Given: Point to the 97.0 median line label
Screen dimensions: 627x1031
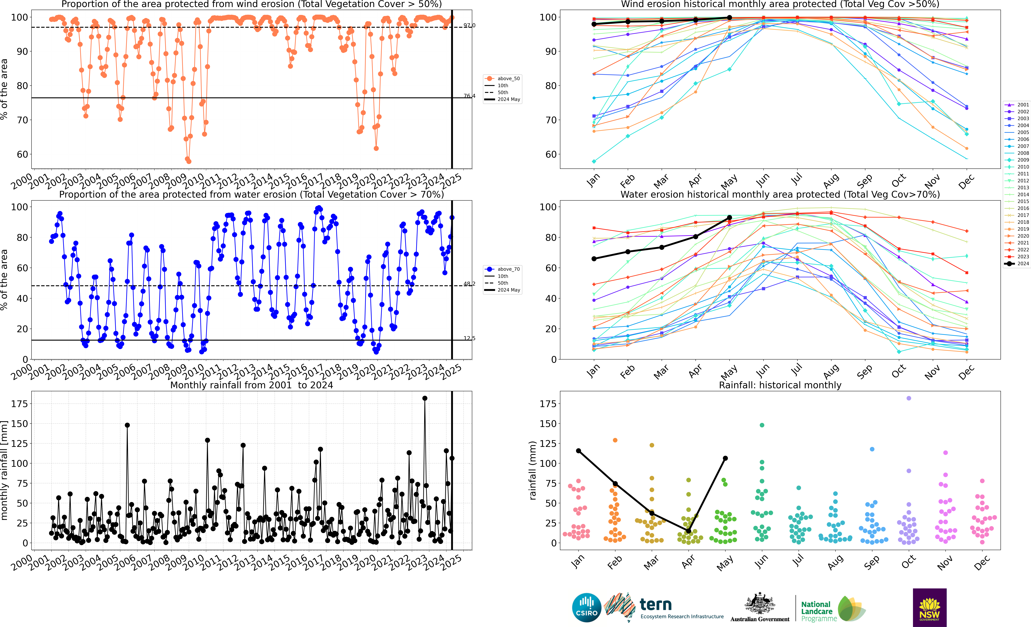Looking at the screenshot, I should coord(469,25).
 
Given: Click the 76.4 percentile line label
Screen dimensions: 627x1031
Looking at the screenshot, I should coord(469,96).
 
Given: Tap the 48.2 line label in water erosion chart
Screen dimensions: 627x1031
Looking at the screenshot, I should coord(469,284).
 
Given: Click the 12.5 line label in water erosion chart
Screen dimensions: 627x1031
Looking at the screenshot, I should coord(469,338).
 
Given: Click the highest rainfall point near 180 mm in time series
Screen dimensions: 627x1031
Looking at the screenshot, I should coord(425,398).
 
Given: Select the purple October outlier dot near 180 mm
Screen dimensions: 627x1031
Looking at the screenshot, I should coord(908,398).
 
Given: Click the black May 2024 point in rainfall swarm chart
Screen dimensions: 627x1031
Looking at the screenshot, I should coord(725,458).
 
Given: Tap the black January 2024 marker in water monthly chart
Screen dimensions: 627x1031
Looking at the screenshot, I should coord(594,259).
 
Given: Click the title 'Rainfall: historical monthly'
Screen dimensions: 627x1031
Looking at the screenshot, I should coord(780,385).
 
